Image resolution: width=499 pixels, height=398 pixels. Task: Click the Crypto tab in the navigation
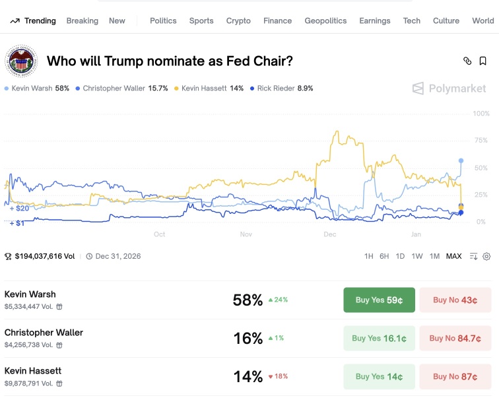pos(238,20)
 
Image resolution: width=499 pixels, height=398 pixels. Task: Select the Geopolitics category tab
pos(325,20)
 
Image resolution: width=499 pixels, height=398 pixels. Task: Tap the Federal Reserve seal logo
pos(21,61)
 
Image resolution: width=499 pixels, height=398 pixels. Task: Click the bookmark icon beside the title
pos(482,61)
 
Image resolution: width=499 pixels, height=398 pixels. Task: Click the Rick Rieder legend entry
pos(282,88)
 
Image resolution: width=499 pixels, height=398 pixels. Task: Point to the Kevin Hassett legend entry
pos(209,88)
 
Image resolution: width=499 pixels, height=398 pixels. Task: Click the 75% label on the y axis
pos(481,141)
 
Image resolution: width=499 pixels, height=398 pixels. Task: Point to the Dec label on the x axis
pos(330,234)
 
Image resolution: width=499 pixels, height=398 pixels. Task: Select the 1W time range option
pos(417,256)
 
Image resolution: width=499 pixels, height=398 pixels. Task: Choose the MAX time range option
pos(454,256)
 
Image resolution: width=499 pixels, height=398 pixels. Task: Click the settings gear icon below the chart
pos(486,256)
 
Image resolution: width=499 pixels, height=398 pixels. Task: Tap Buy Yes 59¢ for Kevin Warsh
pos(379,300)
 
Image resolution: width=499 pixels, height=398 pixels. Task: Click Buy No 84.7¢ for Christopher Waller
pos(455,338)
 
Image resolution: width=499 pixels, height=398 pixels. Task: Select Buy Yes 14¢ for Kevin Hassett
pos(379,377)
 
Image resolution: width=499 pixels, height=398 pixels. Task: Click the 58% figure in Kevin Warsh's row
pos(248,300)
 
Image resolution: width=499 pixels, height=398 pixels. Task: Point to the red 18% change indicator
pos(278,376)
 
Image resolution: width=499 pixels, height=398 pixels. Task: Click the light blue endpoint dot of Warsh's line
pos(461,160)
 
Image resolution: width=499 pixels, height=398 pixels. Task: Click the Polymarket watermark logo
pos(449,88)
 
